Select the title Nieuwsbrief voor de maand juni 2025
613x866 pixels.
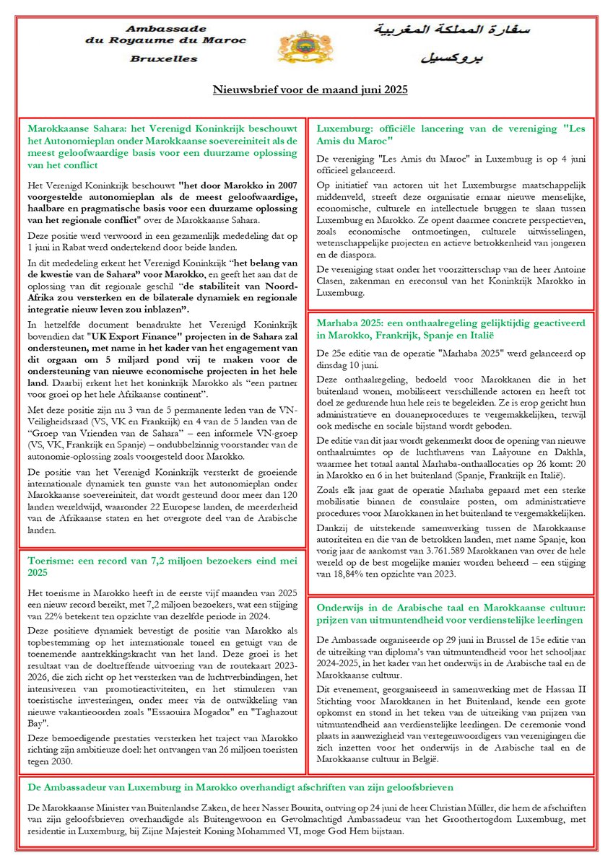click(x=310, y=90)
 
